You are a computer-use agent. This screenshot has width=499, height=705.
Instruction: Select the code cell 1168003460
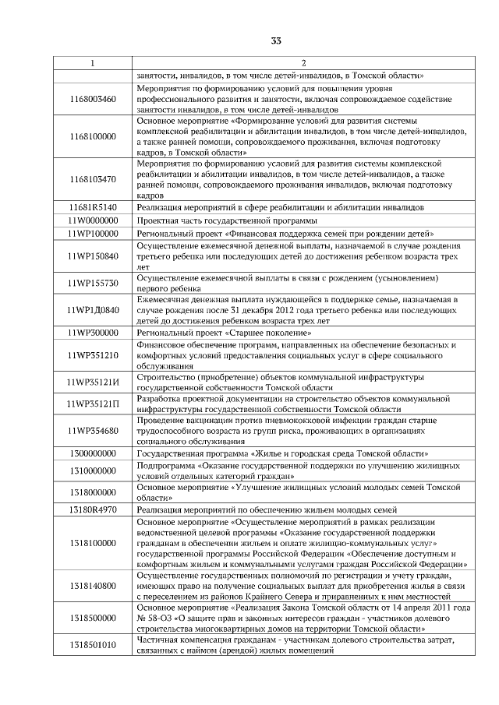(x=92, y=100)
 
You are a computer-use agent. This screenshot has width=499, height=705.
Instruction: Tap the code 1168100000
(x=92, y=137)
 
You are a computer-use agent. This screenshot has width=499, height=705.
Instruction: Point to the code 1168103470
(x=92, y=180)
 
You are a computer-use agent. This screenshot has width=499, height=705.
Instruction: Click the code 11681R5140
(x=92, y=208)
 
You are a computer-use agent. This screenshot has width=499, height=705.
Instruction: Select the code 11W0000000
(x=92, y=220)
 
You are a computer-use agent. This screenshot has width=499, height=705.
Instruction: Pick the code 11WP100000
(x=92, y=233)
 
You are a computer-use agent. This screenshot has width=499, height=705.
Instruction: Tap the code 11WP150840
(x=92, y=256)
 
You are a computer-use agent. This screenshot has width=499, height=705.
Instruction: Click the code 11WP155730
(x=92, y=283)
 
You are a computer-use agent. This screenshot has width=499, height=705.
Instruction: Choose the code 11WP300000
(x=92, y=333)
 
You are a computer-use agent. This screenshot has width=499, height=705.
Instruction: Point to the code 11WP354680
(x=92, y=430)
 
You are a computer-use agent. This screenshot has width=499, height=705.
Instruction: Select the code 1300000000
(x=92, y=453)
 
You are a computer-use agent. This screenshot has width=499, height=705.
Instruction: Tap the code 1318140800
(x=92, y=585)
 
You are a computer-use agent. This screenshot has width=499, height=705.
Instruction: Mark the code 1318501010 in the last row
(x=92, y=645)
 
